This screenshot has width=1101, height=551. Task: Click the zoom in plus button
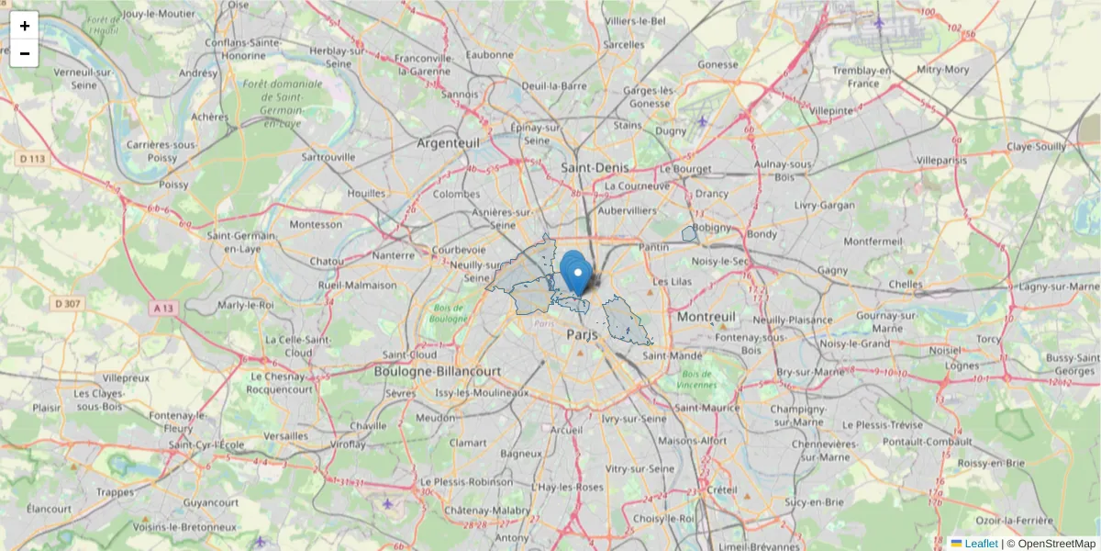[x=24, y=26]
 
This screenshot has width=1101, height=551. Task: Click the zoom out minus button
[x=24, y=53]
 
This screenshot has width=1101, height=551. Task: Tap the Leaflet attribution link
[x=981, y=544]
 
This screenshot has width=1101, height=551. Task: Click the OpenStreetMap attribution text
[x=1056, y=544]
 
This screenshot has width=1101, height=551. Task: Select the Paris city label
[x=582, y=335]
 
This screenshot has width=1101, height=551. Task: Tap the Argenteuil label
[x=449, y=143]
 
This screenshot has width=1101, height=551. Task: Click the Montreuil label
[x=706, y=316]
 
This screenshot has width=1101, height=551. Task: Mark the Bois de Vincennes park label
[x=698, y=378]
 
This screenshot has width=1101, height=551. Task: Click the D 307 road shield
[x=68, y=303]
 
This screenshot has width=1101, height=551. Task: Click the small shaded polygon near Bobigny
[x=690, y=234]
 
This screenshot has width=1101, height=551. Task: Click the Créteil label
[x=722, y=489]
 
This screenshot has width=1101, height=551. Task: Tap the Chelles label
[x=906, y=285]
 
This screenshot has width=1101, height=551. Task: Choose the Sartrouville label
[x=328, y=157]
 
